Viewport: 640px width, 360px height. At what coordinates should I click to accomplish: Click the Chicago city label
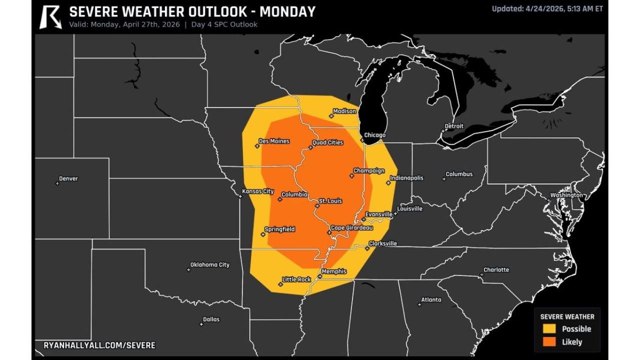(374, 135)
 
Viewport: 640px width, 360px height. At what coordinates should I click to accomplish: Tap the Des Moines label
(274, 141)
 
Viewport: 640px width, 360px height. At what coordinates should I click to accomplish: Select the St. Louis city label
(330, 201)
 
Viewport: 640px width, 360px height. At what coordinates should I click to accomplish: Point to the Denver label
(68, 178)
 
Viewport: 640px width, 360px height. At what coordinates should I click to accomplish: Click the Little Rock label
(296, 279)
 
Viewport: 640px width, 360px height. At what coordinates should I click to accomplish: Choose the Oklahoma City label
(210, 264)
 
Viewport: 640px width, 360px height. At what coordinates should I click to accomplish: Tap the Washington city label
(566, 195)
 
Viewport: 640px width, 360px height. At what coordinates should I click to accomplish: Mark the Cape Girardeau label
(352, 228)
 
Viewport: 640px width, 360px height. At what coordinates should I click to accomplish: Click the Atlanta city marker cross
(419, 304)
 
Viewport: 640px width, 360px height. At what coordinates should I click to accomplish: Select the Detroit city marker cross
(442, 131)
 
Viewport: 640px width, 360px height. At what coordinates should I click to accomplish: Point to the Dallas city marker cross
(201, 324)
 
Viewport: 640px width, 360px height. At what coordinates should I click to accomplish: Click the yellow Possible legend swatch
(549, 329)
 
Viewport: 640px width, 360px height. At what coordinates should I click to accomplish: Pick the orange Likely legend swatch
(549, 342)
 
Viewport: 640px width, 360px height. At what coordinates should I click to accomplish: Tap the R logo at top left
(50, 16)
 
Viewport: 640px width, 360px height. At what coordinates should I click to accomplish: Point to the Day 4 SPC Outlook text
(224, 24)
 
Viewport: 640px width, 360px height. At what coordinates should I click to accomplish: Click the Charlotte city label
(496, 270)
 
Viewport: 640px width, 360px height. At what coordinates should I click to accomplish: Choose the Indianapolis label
(406, 178)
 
